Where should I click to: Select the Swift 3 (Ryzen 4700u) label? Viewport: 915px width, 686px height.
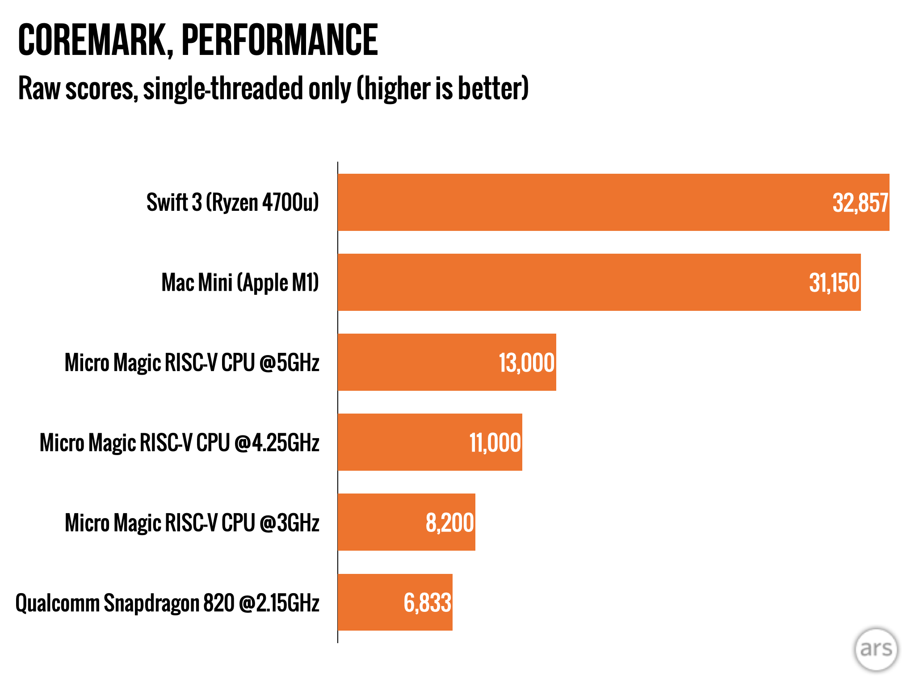coord(232,202)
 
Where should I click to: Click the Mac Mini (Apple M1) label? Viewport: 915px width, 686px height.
coord(240,283)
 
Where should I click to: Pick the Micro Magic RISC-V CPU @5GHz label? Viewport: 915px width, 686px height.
coord(192,363)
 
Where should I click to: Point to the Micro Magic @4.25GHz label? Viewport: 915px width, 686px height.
coord(180,443)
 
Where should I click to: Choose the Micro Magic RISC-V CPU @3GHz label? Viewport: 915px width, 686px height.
coord(192,523)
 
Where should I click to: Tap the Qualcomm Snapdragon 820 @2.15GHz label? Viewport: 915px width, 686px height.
coord(168,603)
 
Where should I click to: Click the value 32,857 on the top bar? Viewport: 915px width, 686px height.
coord(860,203)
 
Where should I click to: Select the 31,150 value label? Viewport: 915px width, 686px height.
coord(834,283)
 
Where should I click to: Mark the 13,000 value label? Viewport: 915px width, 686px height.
coord(526,363)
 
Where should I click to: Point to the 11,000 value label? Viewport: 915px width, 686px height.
coord(495,443)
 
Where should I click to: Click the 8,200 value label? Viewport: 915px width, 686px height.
coord(449,523)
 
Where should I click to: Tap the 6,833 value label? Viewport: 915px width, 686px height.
coord(427,603)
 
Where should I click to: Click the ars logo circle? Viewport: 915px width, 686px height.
coord(876,649)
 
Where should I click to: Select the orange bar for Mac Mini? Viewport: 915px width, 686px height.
coord(558,282)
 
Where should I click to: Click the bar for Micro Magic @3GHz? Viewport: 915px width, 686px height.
coord(380,522)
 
